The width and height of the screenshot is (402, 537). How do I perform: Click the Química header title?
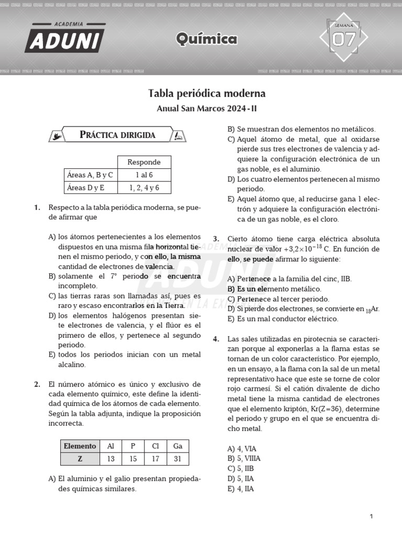(207, 39)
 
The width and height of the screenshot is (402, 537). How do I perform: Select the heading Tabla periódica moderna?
(207, 93)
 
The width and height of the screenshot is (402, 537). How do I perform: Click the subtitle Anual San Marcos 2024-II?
(207, 109)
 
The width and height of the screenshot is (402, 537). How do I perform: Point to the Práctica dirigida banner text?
(117, 135)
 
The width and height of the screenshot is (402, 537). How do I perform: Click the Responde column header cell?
(144, 162)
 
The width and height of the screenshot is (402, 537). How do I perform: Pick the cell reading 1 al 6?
(144, 175)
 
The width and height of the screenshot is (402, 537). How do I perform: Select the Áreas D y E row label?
(86, 187)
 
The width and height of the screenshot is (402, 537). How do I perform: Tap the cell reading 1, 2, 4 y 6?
(144, 187)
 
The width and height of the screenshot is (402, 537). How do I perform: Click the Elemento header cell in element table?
(80, 446)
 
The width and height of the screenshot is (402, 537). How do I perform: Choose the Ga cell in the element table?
(177, 446)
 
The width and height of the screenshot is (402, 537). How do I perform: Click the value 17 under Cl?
(155, 459)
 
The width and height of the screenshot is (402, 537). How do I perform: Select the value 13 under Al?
(110, 459)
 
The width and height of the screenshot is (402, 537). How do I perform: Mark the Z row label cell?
(80, 459)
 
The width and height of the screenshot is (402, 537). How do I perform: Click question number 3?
(216, 239)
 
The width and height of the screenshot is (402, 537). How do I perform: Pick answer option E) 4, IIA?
(241, 489)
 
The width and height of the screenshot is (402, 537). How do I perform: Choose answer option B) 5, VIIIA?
(243, 458)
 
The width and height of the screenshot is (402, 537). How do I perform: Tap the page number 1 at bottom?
(371, 517)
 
